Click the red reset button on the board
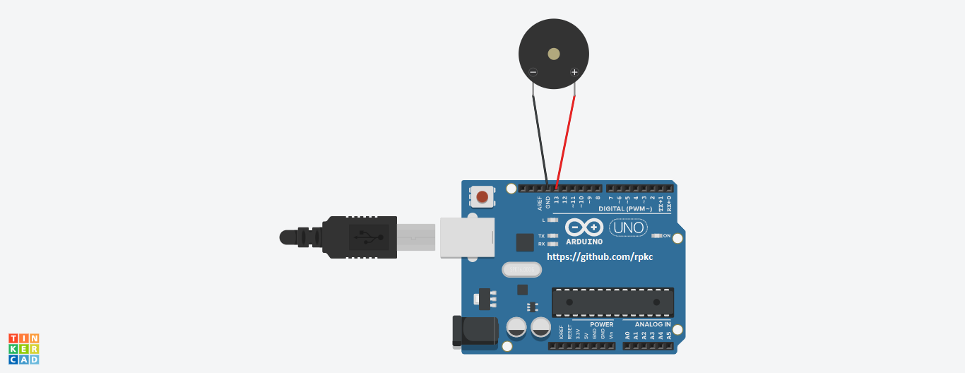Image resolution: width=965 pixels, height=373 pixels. [482, 196]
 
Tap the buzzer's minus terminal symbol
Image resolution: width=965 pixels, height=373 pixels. [533, 72]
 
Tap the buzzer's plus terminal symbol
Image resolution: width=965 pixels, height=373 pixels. [574, 72]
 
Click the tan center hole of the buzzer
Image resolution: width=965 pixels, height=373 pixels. [554, 54]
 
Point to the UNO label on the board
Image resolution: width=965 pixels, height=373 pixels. [628, 227]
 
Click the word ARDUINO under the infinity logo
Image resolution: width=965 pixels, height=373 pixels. [584, 242]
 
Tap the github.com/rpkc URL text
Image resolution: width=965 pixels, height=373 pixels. [600, 257]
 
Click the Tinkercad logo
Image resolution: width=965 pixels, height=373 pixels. [23, 349]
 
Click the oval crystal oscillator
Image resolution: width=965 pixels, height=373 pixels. [522, 269]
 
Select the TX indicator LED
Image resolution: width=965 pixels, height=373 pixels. [553, 236]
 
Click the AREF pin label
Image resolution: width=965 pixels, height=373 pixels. [540, 203]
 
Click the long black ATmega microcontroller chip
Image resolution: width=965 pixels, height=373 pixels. [612, 302]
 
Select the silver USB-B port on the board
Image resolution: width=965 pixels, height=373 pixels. [466, 237]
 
